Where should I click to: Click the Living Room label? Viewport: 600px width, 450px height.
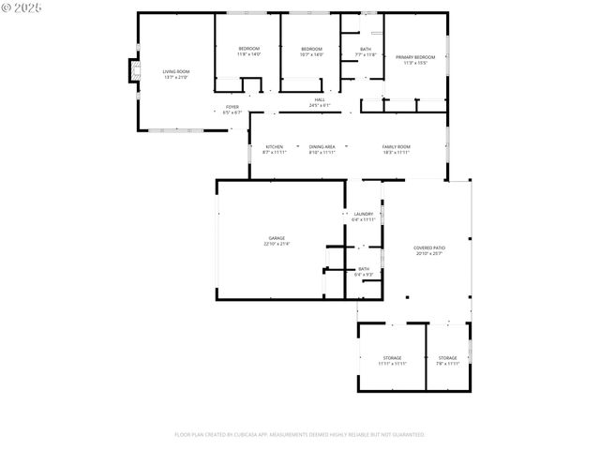tap(176, 71)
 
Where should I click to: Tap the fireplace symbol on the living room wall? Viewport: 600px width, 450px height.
tap(133, 72)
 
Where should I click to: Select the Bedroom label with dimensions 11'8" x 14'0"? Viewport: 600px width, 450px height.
tap(248, 49)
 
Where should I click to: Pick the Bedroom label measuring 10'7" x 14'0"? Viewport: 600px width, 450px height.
tap(311, 49)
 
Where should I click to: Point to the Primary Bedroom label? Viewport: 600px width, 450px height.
tap(415, 57)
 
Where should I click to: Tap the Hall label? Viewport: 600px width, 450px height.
tap(320, 99)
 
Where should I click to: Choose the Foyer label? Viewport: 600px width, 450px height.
tap(232, 107)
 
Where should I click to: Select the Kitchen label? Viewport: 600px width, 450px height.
tap(274, 146)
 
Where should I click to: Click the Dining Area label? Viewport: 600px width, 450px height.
tap(322, 146)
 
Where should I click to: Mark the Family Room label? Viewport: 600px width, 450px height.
tap(396, 146)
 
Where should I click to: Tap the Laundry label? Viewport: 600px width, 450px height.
tap(364, 214)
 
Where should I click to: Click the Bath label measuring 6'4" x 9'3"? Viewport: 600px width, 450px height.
tap(364, 269)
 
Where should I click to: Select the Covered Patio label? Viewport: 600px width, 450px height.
tap(428, 247)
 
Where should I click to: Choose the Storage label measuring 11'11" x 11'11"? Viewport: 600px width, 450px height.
tap(392, 357)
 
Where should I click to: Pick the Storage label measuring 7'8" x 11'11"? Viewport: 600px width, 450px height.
tap(448, 357)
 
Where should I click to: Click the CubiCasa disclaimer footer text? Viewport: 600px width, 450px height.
tap(300, 435)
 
